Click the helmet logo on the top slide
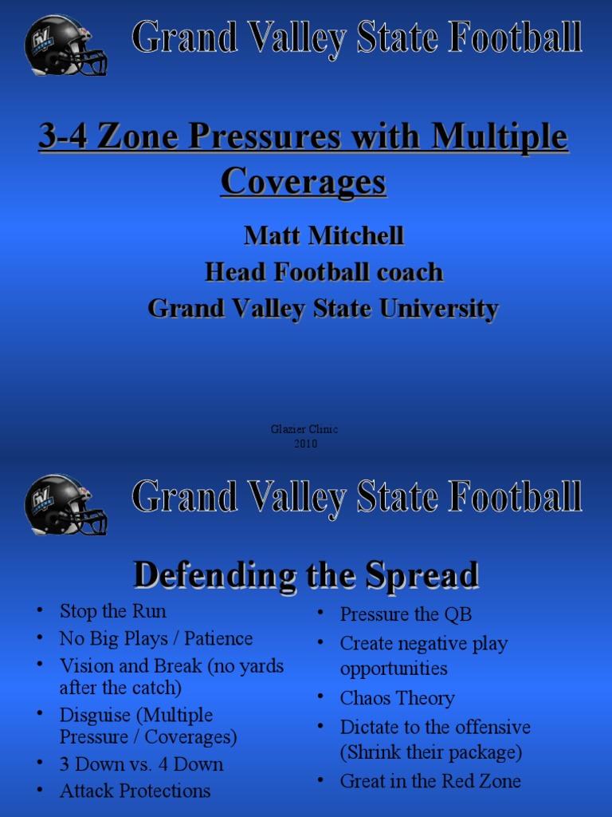65,46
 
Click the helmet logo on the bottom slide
65,503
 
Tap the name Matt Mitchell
324,235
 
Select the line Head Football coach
324,272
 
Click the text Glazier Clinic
304,429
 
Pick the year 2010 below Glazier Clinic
305,444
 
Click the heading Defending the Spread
305,574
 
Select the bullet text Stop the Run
113,612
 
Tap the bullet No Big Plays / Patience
156,639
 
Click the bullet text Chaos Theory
397,698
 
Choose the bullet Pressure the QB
406,614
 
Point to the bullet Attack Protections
135,791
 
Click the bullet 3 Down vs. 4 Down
142,764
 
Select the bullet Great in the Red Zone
430,781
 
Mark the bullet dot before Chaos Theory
320,697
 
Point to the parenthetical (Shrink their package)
431,752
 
